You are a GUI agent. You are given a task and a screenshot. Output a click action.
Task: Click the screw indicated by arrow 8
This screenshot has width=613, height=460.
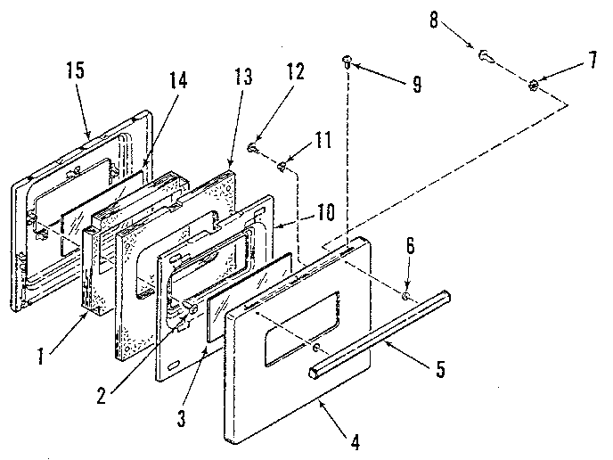(x=486, y=54)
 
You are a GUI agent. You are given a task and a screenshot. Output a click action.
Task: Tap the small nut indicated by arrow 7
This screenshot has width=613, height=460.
(x=533, y=86)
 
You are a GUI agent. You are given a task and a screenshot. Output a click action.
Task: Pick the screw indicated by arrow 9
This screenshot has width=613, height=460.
(x=347, y=61)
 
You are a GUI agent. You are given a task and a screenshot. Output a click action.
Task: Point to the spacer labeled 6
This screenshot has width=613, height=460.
(x=405, y=294)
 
